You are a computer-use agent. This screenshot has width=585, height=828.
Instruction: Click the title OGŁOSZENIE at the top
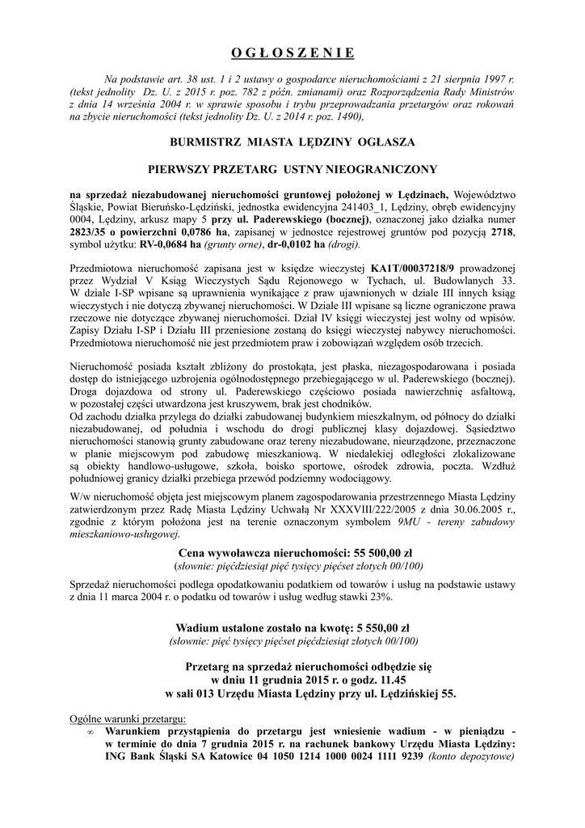292,53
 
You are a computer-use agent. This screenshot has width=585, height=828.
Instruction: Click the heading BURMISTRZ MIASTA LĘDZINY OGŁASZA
292,142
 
